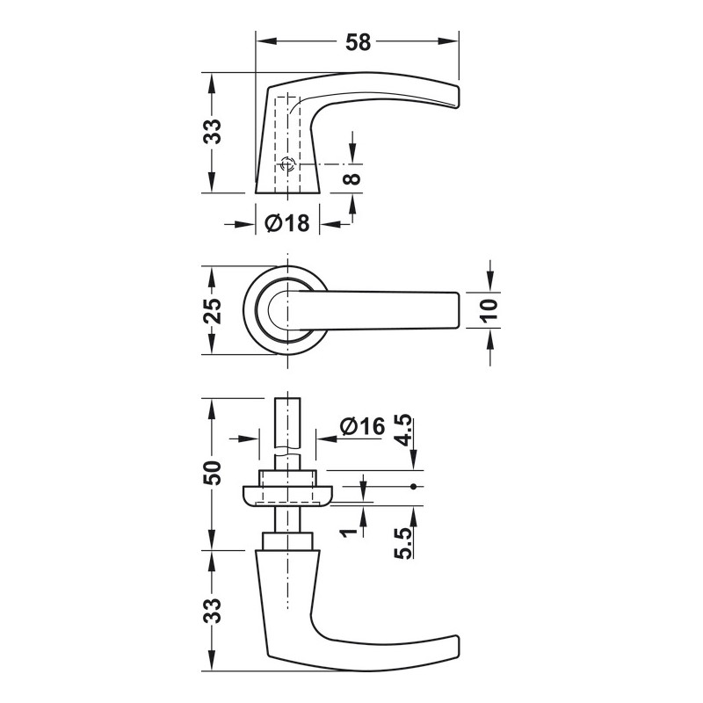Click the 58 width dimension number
(359, 42)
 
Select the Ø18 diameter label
(287, 223)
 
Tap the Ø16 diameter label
(362, 426)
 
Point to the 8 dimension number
(354, 178)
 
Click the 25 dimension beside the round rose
(213, 311)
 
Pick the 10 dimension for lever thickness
(490, 309)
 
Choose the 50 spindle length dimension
(213, 473)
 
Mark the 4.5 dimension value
(403, 431)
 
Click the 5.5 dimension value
(403, 543)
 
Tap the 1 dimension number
(348, 533)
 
